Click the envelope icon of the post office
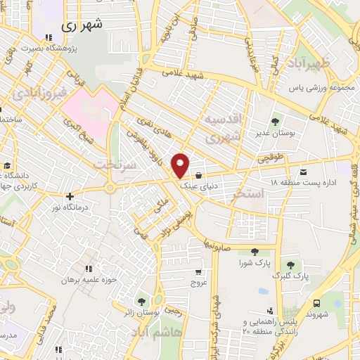pos(303,172)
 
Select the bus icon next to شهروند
pos(317,303)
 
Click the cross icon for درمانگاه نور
pos(69,198)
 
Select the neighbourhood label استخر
pos(251,192)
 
